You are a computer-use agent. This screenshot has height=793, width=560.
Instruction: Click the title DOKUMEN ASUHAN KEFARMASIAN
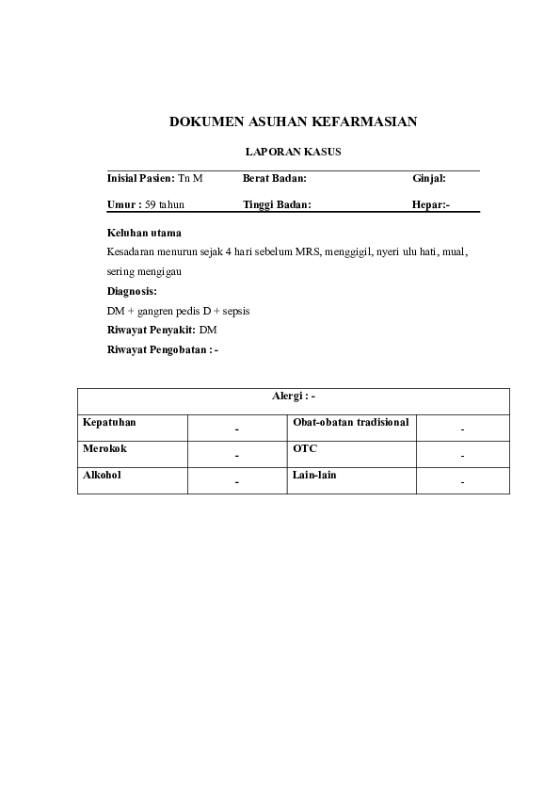[293, 121]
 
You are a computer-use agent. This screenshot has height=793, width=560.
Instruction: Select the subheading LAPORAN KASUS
[293, 151]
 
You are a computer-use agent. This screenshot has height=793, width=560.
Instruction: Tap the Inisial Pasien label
[141, 178]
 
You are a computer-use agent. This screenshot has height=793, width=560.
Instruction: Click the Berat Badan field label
[275, 178]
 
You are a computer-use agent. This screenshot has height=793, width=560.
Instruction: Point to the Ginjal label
[429, 178]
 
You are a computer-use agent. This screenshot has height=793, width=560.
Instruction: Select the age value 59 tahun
[165, 203]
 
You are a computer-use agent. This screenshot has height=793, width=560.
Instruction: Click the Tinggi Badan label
[277, 203]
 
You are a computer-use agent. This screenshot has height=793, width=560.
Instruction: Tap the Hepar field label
[429, 203]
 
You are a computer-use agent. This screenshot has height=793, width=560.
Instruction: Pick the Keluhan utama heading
[145, 233]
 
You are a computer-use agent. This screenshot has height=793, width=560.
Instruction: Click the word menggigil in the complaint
[347, 252]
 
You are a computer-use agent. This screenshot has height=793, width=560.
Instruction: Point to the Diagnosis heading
[132, 291]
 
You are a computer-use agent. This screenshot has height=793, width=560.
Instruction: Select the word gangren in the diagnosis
[160, 311]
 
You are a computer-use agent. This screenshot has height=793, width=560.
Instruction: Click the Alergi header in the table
[293, 397]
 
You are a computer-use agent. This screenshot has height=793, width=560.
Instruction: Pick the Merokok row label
[104, 449]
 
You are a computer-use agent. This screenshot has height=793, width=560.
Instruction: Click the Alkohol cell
[102, 476]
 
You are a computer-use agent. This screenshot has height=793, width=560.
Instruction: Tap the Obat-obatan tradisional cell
[350, 423]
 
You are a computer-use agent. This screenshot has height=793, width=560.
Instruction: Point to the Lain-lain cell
[314, 476]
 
